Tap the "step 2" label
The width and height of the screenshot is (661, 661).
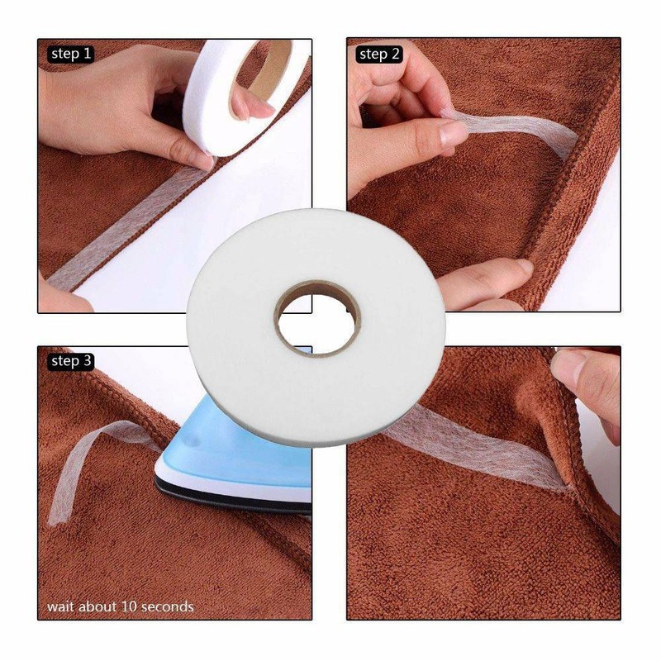tap(379, 55)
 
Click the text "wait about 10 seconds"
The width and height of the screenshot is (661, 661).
tap(120, 606)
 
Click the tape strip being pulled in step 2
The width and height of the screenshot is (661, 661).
tap(512, 132)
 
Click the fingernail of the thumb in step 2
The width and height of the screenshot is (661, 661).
tap(453, 132)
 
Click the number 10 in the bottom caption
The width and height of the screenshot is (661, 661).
tap(131, 606)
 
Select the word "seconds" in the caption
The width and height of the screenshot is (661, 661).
tap(168, 606)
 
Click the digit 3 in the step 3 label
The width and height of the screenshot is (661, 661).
tap(87, 361)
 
